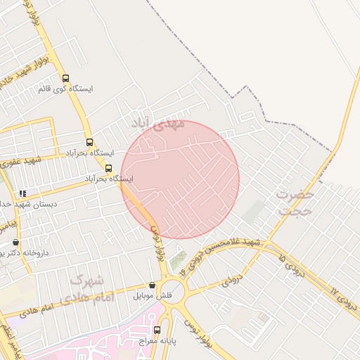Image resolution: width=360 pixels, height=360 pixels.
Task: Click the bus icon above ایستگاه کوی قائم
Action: coord(66,79)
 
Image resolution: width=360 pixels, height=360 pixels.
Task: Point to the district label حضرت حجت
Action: coord(294,201)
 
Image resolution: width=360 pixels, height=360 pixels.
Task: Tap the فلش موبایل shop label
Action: coord(153,295)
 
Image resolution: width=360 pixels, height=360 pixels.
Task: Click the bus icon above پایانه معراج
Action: coord(156,329)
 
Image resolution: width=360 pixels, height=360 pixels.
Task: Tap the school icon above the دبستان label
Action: coord(22,193)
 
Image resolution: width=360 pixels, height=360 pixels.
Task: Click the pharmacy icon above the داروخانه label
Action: coord(16,242)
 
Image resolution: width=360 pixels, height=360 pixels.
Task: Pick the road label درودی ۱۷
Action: coord(342,300)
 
